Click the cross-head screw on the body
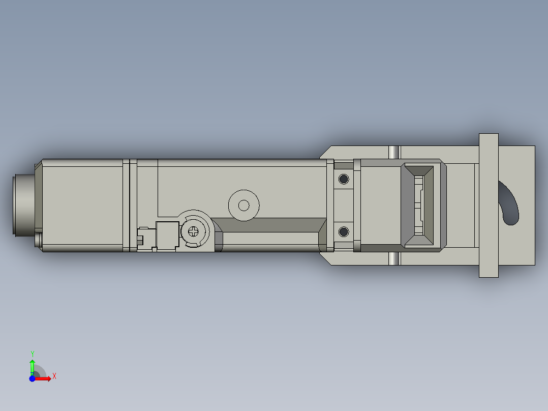coord(194,232)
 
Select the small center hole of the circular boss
coord(244,205)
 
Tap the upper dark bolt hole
coord(344,179)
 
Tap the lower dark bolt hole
coord(344,232)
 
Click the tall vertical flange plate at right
coord(489,205)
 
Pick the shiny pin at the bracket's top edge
coord(394,152)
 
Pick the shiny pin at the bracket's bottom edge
coord(394,259)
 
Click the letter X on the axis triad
coord(54,376)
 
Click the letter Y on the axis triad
coord(32,354)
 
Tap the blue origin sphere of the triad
coord(33,378)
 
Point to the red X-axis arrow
coord(45,378)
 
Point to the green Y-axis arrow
coord(32,365)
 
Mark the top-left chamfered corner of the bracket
coord(325,152)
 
